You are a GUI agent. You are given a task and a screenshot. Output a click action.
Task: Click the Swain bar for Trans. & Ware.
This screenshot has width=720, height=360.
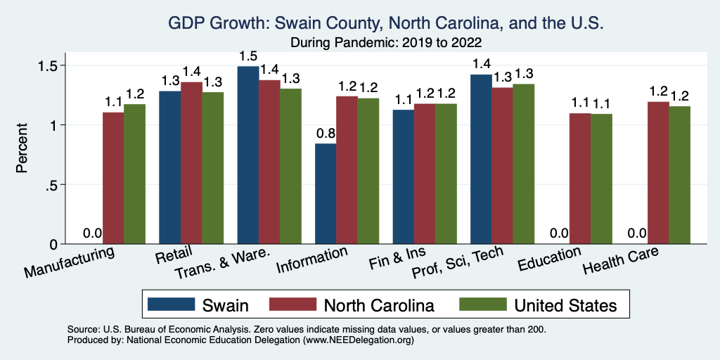point(247,155)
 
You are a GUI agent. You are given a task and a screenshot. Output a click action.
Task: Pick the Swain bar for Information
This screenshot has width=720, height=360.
point(326,193)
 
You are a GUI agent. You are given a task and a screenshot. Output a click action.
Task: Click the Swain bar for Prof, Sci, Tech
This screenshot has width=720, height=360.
point(481,159)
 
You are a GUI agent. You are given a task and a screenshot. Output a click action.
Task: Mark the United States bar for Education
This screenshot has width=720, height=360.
point(601,179)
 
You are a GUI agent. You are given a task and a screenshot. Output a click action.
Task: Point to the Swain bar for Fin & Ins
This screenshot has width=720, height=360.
point(403,176)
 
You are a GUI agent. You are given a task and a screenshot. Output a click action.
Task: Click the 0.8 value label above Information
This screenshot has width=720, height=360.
point(326,134)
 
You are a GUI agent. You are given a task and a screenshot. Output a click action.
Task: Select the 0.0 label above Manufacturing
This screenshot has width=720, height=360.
point(92,233)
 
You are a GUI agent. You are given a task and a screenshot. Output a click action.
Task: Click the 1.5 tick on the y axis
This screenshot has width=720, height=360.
point(55,65)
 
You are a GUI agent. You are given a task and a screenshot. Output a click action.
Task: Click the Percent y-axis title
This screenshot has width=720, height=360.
point(22,149)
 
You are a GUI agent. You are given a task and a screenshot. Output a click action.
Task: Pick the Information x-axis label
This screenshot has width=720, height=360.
point(311,259)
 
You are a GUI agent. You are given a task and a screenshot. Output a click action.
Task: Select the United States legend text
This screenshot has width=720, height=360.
point(565,304)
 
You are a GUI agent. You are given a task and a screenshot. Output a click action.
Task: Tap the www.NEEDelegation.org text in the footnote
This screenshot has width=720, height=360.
point(357,340)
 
